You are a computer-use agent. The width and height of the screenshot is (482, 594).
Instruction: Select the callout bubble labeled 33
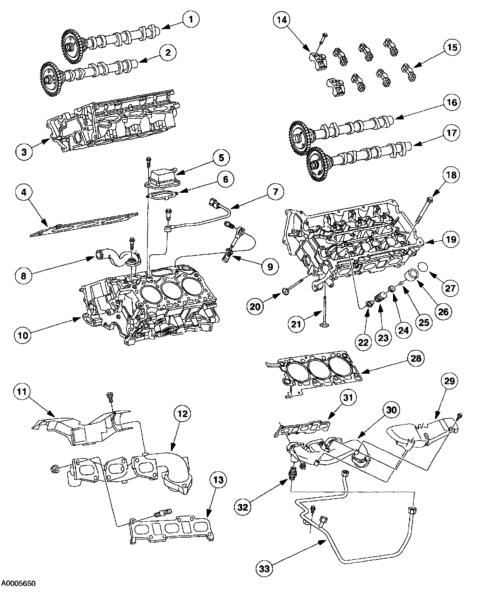coord(265,569)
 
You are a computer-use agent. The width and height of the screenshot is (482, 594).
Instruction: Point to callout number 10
coord(23,335)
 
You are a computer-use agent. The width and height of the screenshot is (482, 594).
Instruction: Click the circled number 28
coord(415,358)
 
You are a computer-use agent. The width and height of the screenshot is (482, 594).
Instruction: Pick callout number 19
coord(451,239)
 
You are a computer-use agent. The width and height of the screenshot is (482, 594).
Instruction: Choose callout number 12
coord(184,414)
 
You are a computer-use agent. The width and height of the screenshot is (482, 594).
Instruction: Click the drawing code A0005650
coord(19,583)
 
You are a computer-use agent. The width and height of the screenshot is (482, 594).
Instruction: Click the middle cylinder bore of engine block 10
coord(170,289)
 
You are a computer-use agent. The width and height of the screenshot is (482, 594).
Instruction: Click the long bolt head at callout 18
coord(430,199)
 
